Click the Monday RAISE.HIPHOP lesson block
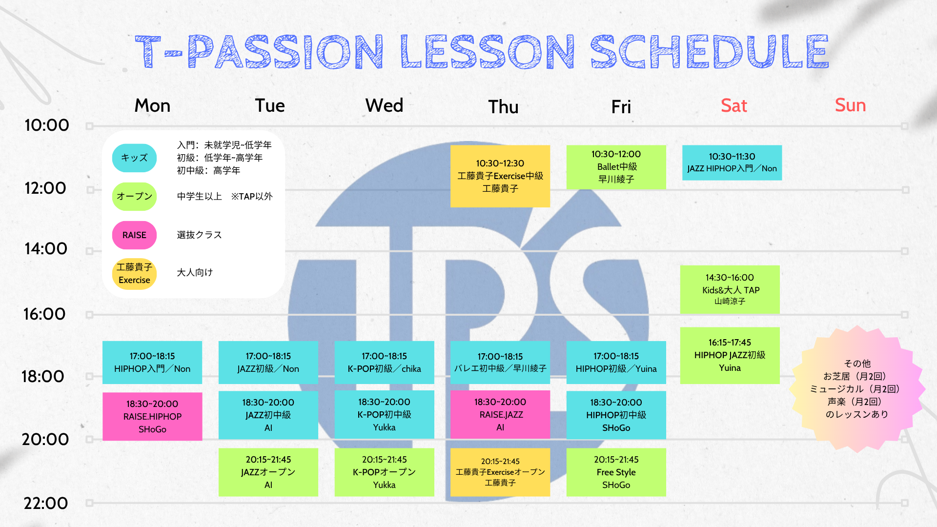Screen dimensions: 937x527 coord(152,416)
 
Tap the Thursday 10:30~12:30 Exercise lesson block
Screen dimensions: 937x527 coord(500,176)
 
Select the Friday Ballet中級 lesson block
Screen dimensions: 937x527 coord(616,167)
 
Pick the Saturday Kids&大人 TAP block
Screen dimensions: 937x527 coord(730,289)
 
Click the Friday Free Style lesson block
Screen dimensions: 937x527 coord(616,472)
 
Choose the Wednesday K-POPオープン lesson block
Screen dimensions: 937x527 coord(385,472)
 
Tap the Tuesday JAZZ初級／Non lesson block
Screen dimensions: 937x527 coord(268,363)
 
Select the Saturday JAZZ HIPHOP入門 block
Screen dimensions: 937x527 coord(732,162)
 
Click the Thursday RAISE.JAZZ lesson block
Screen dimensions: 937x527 coord(500,415)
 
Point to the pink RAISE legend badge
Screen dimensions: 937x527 coord(134,235)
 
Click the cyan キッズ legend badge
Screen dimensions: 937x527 coord(134,158)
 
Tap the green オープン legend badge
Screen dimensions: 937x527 coord(134,196)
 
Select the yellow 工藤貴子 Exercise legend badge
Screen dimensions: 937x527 coord(134,274)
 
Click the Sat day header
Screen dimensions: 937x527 coord(734,105)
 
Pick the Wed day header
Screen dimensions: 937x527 coord(385,105)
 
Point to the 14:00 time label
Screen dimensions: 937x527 coord(46,249)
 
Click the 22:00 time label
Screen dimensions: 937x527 coord(46,503)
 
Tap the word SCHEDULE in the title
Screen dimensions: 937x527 coord(710,51)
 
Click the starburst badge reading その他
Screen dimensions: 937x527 coord(857,389)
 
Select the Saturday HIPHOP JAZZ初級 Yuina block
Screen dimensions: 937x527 coord(730,355)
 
